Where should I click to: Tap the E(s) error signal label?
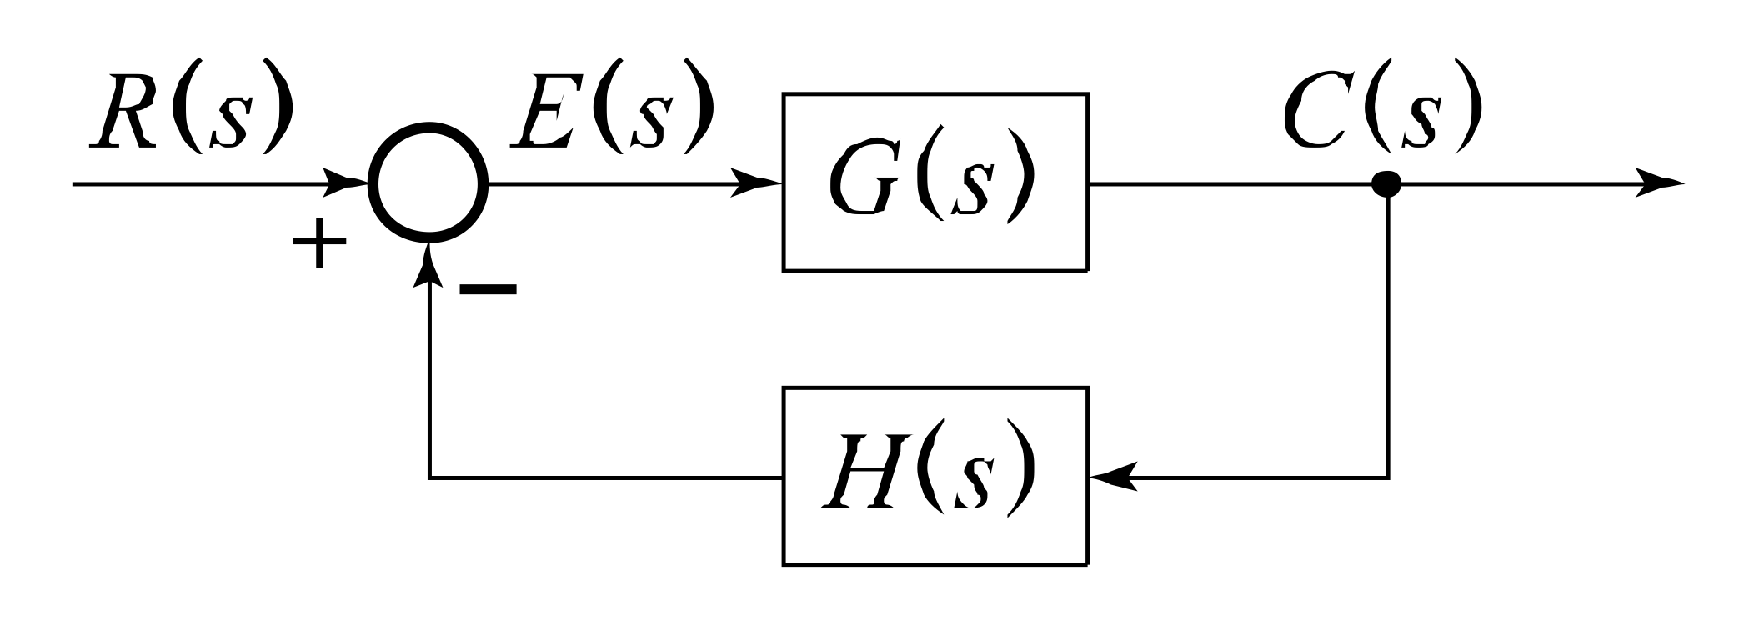pos(613,108)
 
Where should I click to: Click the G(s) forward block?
pos(935,182)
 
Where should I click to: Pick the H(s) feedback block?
pos(935,476)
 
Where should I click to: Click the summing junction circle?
pos(428,183)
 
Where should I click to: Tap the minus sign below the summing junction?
pos(489,289)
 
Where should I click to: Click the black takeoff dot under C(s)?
pos(1386,183)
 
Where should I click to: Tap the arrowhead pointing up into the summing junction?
pos(428,265)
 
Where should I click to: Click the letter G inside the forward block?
pos(863,182)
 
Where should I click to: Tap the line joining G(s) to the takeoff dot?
pos(1234,183)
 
